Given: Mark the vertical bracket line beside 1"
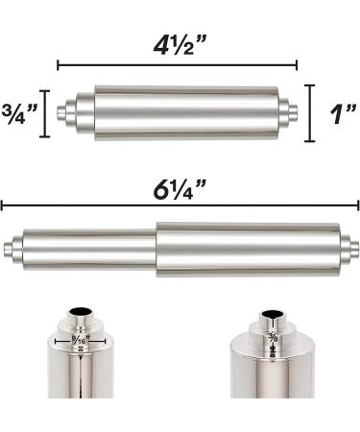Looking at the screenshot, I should click(x=309, y=112).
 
